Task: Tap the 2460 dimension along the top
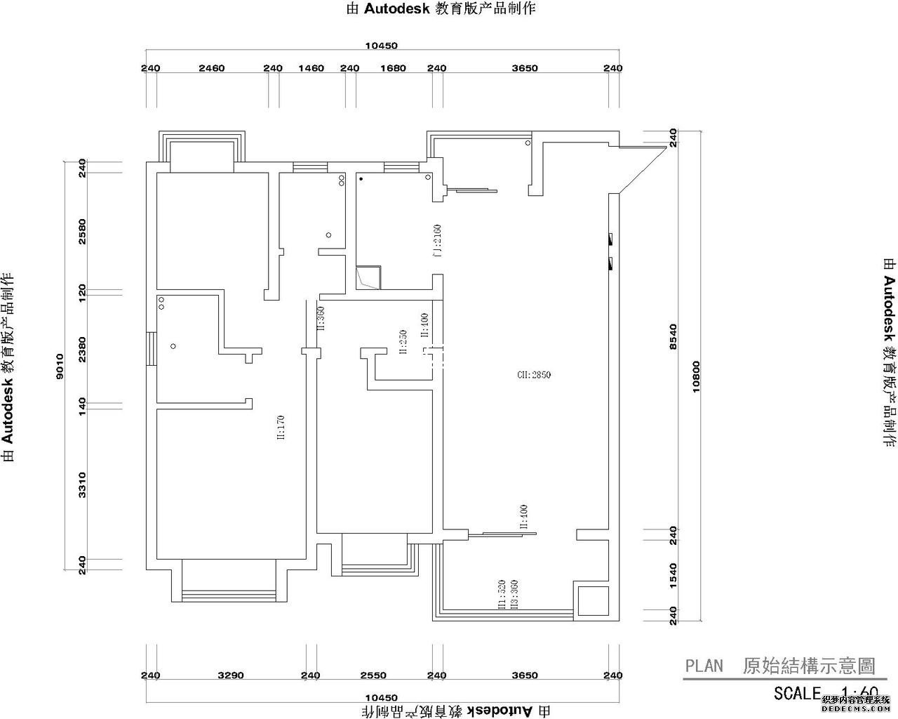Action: pos(211,68)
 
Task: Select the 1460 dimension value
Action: pos(311,68)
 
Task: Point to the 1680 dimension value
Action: pos(393,68)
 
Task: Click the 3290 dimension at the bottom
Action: pos(230,675)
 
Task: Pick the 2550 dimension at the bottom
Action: pos(373,675)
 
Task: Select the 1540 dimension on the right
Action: pos(673,572)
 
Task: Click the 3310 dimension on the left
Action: pos(82,484)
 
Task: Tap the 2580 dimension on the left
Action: pos(82,232)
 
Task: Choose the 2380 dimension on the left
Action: pos(82,349)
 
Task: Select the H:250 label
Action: pos(403,342)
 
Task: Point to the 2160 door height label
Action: pos(436,239)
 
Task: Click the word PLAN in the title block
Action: pos(704,666)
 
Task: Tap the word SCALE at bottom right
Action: pos(797,693)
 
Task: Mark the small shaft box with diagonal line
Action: pos(368,277)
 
